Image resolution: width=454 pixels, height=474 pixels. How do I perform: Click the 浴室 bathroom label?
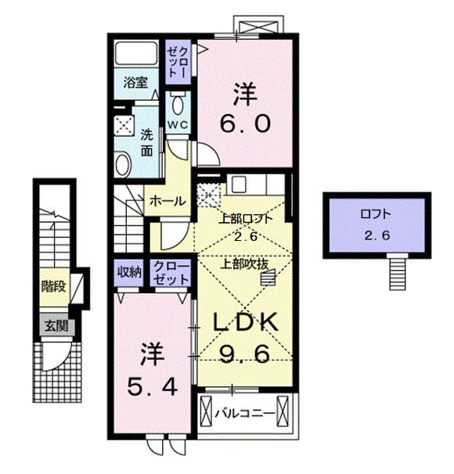tap(135, 81)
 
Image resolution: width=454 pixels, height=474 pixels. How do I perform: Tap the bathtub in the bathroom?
tap(135, 56)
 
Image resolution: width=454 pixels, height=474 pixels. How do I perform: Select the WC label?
tap(177, 124)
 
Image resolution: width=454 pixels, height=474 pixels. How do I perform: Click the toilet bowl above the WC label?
tap(178, 103)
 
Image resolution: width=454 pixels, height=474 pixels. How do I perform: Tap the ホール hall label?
tap(168, 201)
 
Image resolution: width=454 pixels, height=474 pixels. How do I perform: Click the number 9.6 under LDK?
tap(242, 354)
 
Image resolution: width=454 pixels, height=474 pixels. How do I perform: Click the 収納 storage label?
tap(129, 272)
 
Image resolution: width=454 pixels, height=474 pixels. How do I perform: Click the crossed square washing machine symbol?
tap(124, 123)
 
